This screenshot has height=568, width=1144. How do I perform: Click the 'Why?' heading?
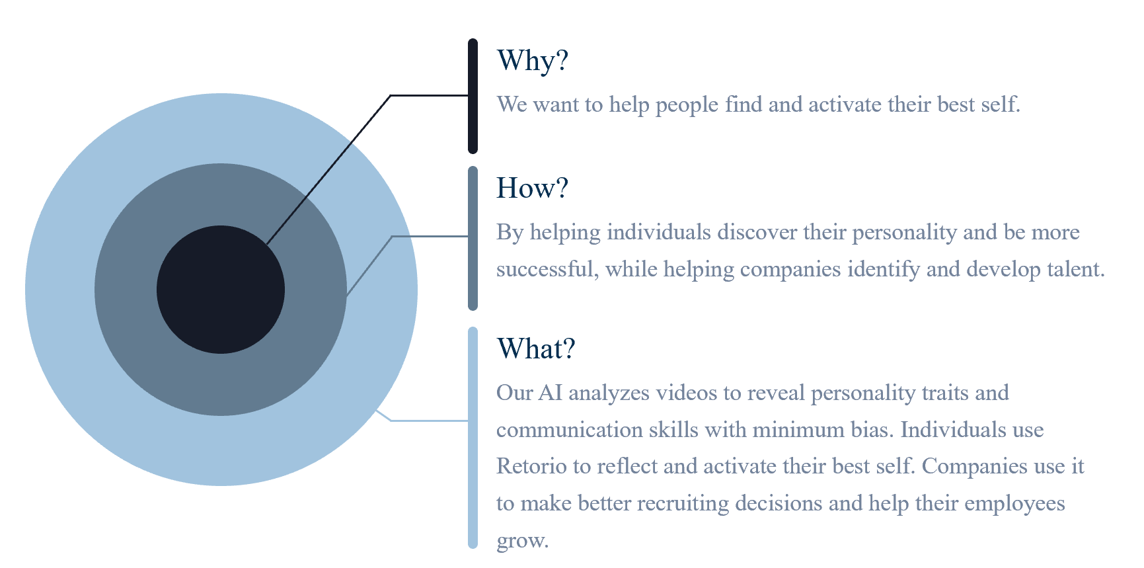point(533,61)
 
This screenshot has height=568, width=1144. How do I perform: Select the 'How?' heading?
point(532,188)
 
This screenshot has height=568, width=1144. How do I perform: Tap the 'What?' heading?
point(536,349)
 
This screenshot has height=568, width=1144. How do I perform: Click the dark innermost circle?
point(221,290)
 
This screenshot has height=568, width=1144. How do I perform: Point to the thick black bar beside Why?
point(473,96)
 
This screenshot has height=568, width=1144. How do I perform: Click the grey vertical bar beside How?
point(473,238)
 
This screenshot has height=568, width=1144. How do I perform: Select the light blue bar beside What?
point(473,438)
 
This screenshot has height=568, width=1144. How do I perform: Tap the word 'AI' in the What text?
point(551,393)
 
